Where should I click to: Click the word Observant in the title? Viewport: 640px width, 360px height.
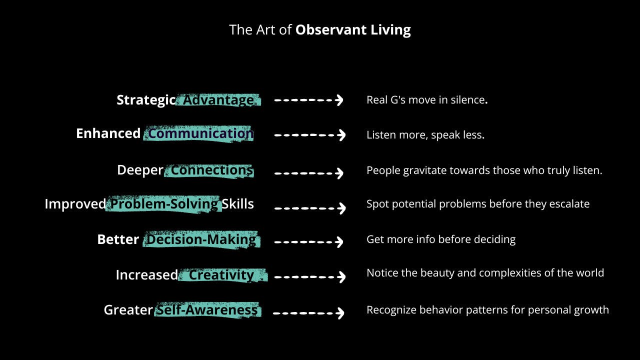331,29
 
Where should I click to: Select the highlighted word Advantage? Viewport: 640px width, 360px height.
218,100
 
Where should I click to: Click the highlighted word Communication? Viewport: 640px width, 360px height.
201,133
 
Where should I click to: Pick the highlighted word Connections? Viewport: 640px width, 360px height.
212,170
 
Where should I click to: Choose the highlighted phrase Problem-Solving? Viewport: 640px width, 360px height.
164,204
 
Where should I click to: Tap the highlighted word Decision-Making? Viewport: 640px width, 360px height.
201,239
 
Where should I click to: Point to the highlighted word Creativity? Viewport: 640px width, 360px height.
221,275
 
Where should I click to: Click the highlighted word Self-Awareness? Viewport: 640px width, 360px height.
207,310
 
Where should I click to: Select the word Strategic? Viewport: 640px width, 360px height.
146,100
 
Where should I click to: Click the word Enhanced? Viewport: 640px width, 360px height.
108,133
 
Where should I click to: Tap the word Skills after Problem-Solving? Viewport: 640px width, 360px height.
237,204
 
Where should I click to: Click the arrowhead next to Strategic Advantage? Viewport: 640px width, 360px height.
339,100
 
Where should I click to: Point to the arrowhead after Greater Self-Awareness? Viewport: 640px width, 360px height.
340,313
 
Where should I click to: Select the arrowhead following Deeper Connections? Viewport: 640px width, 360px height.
339,173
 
